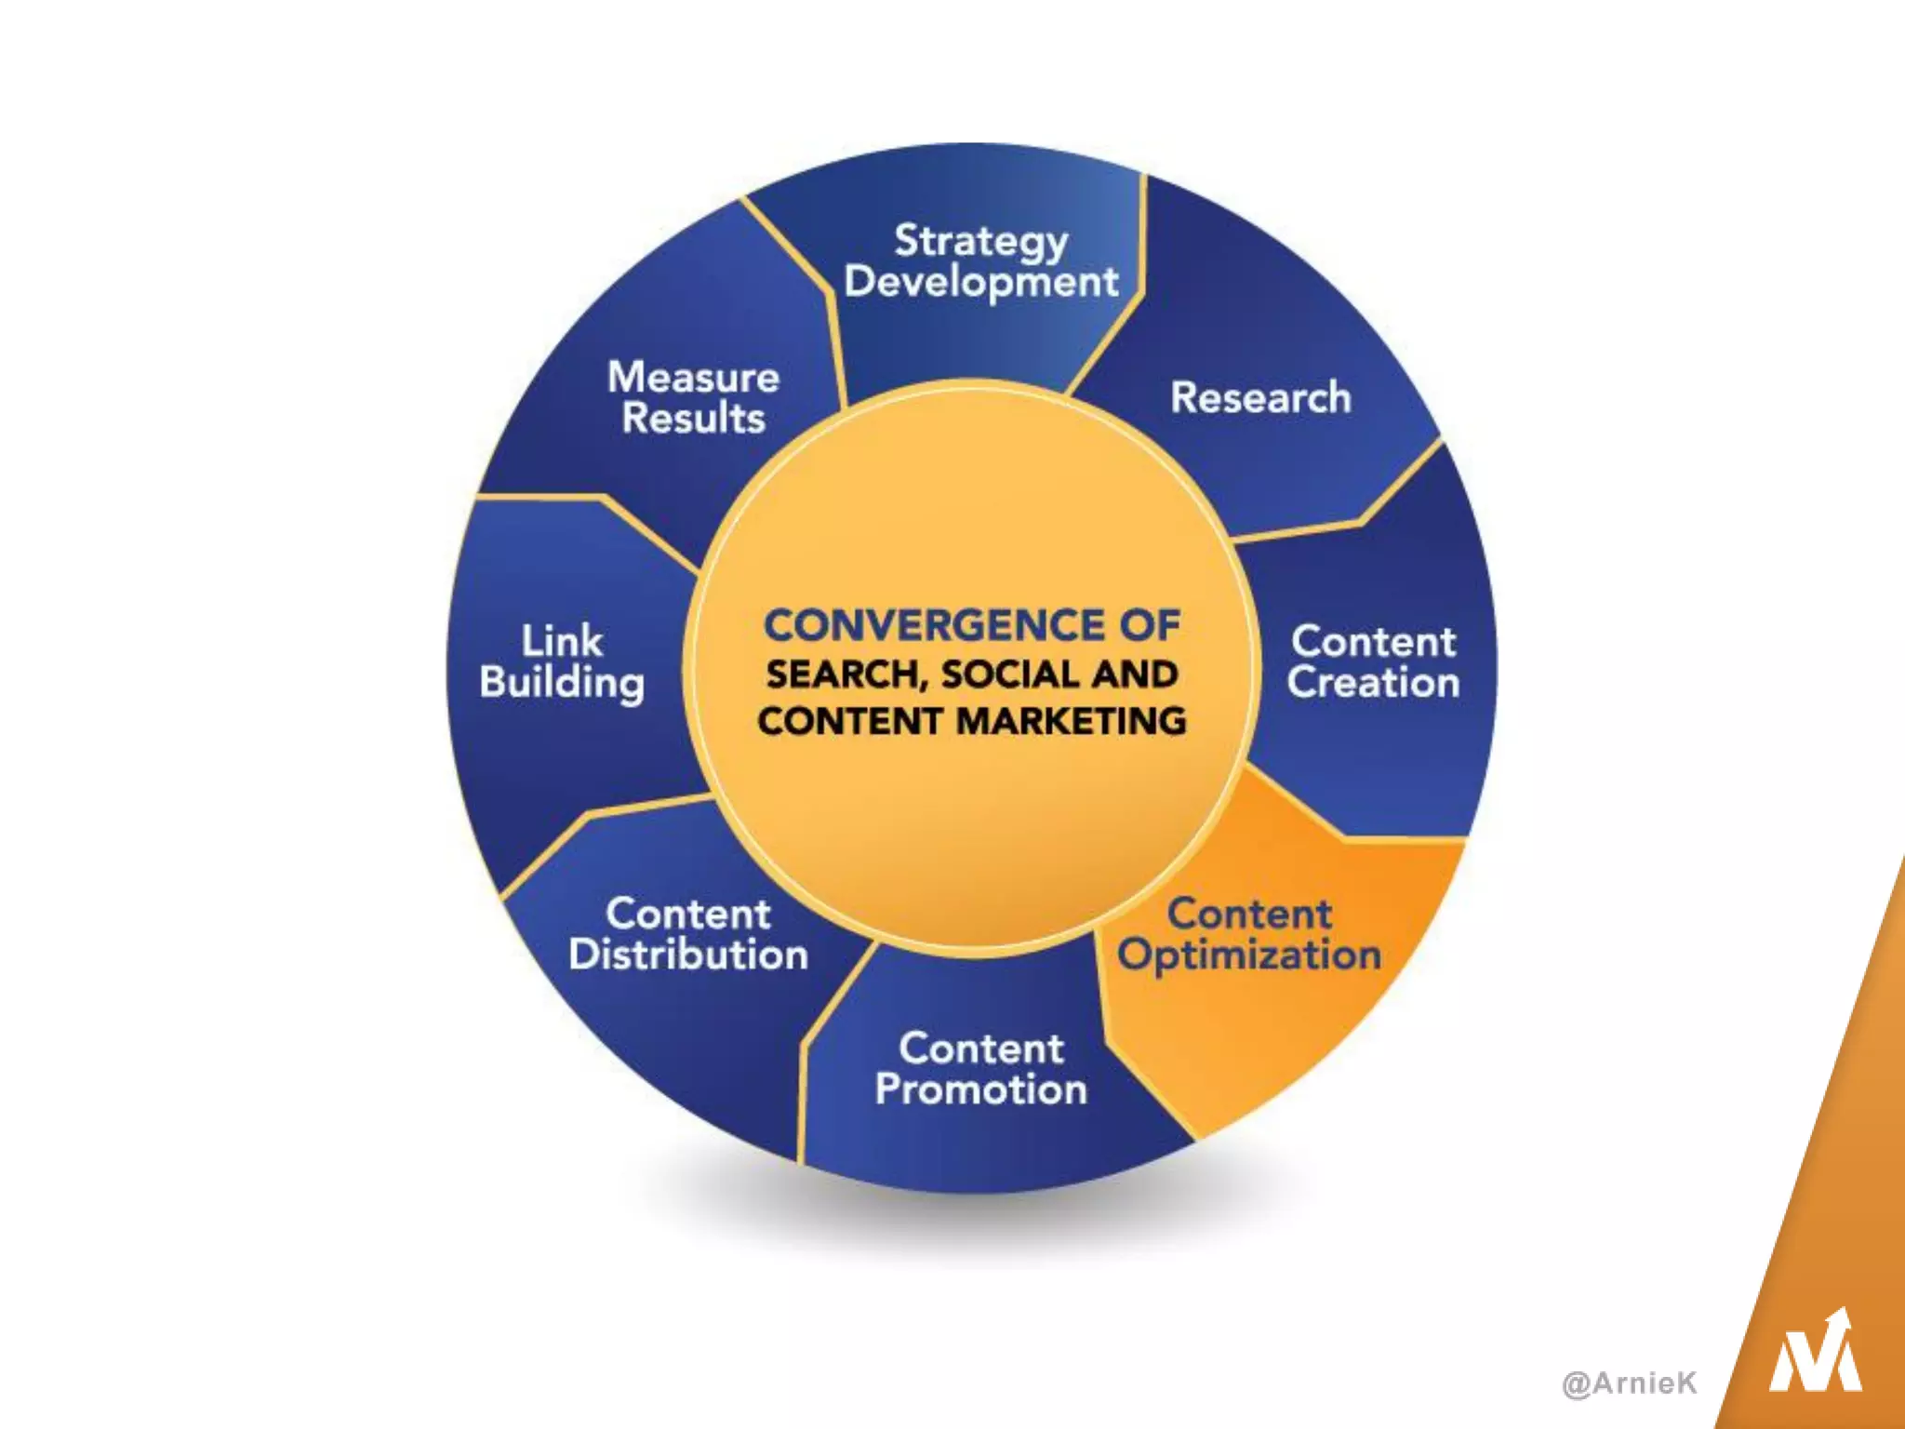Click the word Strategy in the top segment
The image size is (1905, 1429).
(980, 242)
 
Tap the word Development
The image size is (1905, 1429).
(980, 282)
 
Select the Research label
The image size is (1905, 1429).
(1260, 398)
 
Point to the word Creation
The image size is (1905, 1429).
(1373, 683)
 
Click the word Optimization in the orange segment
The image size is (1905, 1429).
(1249, 955)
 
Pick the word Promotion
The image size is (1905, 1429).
(980, 1089)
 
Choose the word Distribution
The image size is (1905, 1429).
(688, 955)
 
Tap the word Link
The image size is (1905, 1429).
(562, 641)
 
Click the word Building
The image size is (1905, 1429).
(562, 683)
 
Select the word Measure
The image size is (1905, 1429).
(693, 378)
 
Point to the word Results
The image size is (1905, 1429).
(693, 419)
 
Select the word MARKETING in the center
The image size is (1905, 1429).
(1072, 721)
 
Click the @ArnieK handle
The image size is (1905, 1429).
(1629, 1383)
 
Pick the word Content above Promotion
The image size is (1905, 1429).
(980, 1048)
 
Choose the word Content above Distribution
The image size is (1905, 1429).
(688, 915)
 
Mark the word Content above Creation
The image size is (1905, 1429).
(1373, 642)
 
